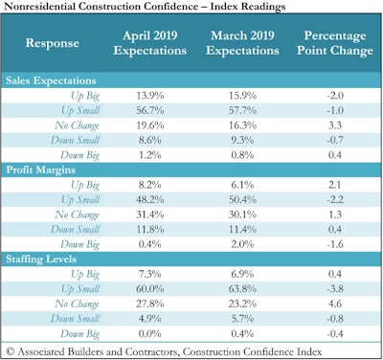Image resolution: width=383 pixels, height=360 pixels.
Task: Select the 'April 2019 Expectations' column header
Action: pos(145,42)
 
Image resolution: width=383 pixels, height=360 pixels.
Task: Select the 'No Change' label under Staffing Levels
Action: pos(79,301)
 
